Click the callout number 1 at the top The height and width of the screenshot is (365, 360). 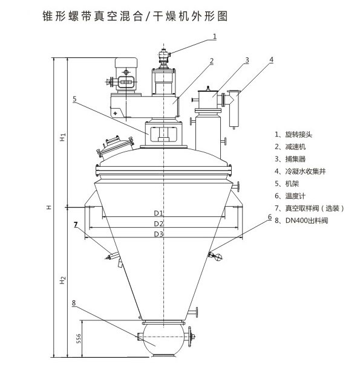(215, 36)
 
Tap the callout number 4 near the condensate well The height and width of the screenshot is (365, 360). (271, 60)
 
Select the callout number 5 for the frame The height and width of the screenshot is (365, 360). (74, 99)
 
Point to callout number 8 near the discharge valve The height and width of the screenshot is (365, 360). (74, 303)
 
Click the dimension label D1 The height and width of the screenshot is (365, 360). (159, 213)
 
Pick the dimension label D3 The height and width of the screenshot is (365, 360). (159, 234)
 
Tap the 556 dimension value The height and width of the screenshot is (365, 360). (79, 338)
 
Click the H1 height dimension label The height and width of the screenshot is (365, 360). (63, 137)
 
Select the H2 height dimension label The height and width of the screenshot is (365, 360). (63, 280)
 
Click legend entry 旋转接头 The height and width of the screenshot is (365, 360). (298, 135)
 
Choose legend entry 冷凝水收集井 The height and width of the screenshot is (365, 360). (305, 172)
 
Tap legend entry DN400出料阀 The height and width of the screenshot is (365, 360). (307, 221)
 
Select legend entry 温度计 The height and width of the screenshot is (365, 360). (295, 196)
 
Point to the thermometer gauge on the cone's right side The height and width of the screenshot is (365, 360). (215, 256)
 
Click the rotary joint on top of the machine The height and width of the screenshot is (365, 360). (163, 58)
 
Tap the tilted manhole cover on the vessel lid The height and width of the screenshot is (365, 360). (115, 146)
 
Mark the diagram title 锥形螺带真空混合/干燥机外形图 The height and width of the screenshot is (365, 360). (135, 16)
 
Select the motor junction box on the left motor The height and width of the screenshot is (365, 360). (126, 82)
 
